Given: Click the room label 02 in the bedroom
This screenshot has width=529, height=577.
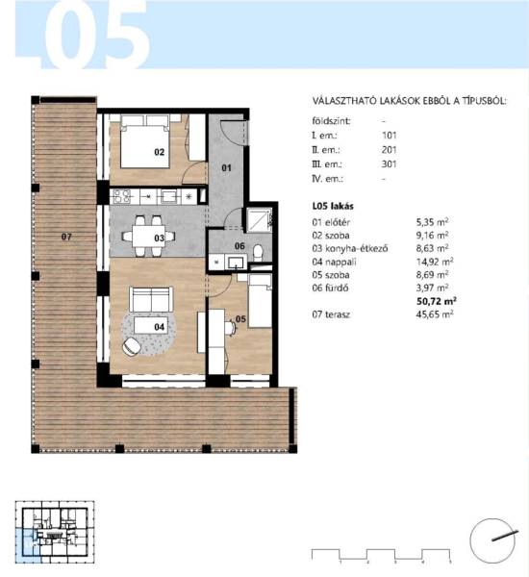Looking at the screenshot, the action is [x=159, y=152].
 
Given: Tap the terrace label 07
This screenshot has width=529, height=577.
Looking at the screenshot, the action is [x=66, y=237].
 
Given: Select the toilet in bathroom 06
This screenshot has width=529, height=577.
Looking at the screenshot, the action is [x=258, y=253].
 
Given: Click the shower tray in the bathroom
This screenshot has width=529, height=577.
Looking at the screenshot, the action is [x=259, y=219].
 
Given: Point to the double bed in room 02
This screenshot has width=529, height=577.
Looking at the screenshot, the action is [x=145, y=141].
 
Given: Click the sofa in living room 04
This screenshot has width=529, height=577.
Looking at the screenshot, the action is [x=151, y=299].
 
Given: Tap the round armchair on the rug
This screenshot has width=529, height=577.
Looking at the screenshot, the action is [x=132, y=346].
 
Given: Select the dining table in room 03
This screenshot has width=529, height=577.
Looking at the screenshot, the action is [x=149, y=236].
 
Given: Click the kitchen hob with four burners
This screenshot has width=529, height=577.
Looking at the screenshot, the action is [x=121, y=196].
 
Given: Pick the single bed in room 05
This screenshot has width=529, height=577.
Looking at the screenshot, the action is [x=260, y=301].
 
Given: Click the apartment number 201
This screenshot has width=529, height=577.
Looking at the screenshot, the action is [x=390, y=150].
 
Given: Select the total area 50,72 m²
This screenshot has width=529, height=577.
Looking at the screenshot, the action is [x=437, y=301].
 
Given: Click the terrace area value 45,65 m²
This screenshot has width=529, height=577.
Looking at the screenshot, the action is [x=435, y=314].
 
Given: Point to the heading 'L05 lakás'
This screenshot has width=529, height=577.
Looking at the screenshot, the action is [x=333, y=206].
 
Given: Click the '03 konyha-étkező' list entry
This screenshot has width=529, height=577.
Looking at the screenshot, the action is [x=350, y=248].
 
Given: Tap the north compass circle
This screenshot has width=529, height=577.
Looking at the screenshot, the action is [x=492, y=540].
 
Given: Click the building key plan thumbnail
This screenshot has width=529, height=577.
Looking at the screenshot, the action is [x=55, y=532].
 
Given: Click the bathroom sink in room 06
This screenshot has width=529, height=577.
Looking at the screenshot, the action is [x=236, y=262].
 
